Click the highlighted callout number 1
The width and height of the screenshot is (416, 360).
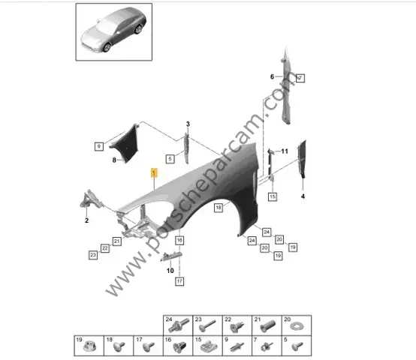pos(154,173)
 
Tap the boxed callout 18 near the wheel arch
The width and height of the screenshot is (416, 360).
pos(219,208)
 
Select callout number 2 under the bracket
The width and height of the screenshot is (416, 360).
pos(87,220)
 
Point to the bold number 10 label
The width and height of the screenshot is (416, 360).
pos(170,271)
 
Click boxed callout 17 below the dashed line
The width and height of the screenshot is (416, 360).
pos(179,281)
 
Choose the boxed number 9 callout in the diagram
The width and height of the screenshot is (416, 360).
pos(99,146)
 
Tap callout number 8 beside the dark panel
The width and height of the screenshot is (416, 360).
pos(114,160)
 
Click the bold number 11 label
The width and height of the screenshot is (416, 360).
pos(285,151)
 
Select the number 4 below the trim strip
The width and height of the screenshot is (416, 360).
pos(303,196)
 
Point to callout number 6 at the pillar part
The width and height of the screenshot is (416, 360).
pos(273,76)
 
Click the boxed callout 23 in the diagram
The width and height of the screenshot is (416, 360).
pos(93,255)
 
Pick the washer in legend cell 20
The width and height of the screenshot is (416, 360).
pos(297,326)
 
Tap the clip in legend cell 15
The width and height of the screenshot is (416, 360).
pos(209,346)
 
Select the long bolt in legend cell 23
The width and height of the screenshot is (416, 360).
pos(207,325)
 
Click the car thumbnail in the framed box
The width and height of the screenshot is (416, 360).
pos(113,31)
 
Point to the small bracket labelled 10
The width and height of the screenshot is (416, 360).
pos(171,256)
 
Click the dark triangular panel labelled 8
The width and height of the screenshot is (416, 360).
pos(125,143)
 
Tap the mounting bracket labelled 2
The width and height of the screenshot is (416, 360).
pos(89,199)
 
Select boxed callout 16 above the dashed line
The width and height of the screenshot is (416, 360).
pos(179,240)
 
